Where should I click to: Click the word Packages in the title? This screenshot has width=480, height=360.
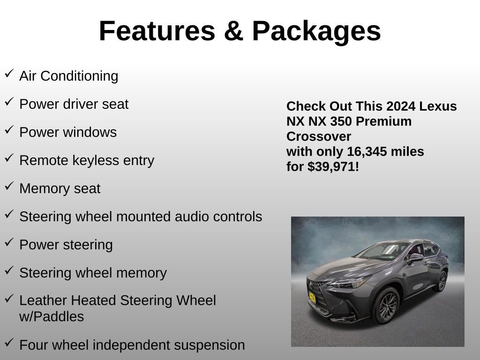(316, 31)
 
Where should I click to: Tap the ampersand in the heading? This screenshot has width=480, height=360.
(233, 31)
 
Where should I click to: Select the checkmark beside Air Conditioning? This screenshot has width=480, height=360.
(9, 74)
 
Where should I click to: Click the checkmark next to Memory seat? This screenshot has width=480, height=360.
(9, 187)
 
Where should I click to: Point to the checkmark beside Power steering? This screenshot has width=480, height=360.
(9, 243)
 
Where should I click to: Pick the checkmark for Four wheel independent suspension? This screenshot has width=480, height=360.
(9, 343)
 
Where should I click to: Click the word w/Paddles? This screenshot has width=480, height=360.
(52, 316)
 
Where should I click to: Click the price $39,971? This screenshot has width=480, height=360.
(333, 166)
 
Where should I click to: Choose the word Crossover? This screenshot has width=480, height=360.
(319, 136)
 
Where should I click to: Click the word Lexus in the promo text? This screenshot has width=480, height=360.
(438, 106)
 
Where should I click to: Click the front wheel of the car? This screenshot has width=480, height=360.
(386, 306)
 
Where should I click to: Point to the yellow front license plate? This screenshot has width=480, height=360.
(312, 297)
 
